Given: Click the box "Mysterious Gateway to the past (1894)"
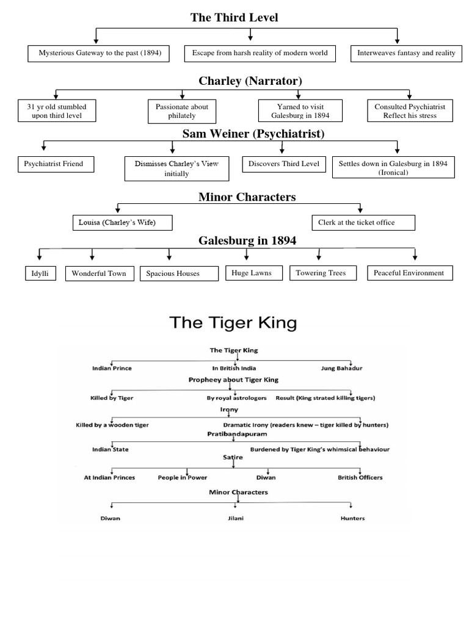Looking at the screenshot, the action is [100, 53].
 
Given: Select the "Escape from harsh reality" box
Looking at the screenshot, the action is [260, 53].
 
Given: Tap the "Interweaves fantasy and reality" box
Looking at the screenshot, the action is [405, 53].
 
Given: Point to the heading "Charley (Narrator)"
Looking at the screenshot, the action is [250, 81].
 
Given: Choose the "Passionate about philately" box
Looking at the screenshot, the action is [182, 111].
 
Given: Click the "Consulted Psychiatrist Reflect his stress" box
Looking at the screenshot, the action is [410, 111].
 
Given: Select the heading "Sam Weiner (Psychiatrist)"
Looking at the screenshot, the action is [253, 133].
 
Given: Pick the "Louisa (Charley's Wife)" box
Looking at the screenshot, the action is [122, 223].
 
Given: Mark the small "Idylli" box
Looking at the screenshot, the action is [40, 273].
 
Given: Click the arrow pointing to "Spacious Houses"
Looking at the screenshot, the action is [170, 255].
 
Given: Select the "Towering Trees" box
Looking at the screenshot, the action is [321, 273].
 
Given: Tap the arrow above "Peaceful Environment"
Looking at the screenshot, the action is [415, 254].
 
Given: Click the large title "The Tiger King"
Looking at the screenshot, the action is [233, 323].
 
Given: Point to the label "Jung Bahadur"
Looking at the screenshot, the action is [341, 369].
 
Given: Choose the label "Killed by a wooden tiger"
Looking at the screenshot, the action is [112, 424].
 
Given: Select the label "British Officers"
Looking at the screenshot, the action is [360, 477].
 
